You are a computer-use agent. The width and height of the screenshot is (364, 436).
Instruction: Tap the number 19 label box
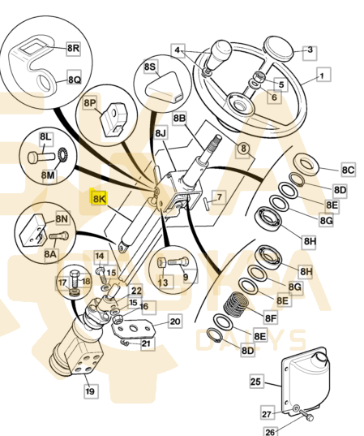[91, 391]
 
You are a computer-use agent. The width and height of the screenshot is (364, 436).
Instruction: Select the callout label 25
[255, 382]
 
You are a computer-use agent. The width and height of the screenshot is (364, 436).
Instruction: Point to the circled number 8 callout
[243, 149]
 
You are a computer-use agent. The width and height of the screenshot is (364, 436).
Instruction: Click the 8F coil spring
[236, 304]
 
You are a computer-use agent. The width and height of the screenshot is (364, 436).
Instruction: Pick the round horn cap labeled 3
[279, 50]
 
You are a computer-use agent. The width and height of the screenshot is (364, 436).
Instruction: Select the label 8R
[74, 49]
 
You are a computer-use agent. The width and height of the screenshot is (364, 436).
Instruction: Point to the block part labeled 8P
[114, 119]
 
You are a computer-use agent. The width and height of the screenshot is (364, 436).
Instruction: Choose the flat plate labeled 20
[133, 328]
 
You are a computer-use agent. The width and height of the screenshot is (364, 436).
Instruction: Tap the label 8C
[348, 170]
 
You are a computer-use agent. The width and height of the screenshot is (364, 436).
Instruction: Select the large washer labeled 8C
[306, 164]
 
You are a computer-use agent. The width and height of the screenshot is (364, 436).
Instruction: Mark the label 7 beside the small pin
[219, 197]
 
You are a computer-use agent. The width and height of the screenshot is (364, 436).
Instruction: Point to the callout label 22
[136, 291]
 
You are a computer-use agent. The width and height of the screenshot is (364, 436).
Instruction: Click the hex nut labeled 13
[162, 263]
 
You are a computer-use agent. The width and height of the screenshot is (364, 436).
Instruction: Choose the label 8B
[179, 119]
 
